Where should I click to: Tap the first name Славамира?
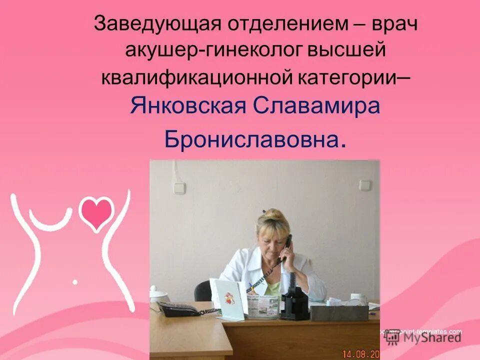(317, 106)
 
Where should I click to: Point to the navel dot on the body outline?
(75, 282)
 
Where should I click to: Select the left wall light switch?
(179, 188)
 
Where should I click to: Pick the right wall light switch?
(364, 185)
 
